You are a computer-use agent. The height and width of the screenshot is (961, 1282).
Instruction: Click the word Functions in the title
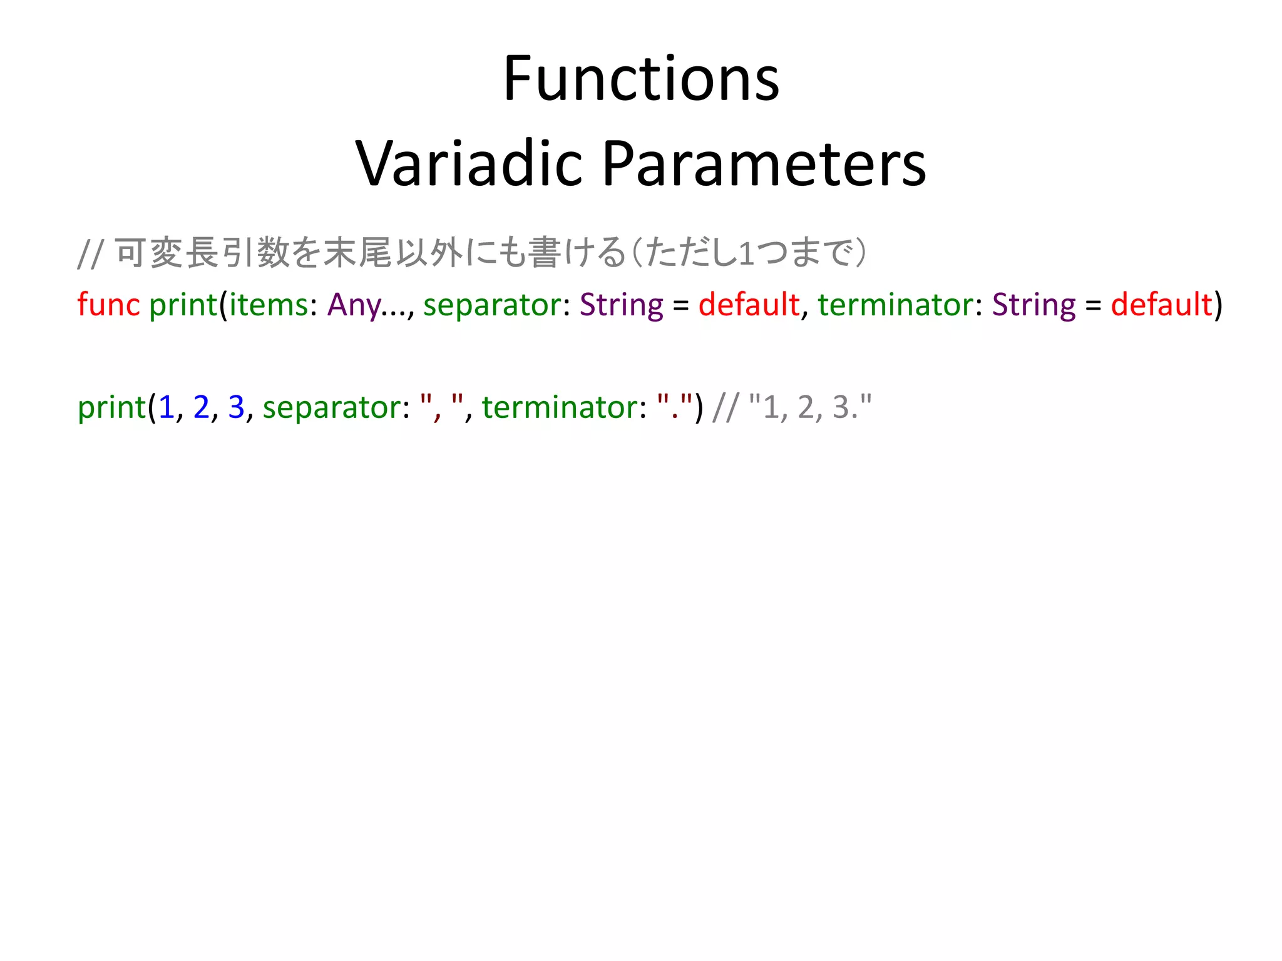641,79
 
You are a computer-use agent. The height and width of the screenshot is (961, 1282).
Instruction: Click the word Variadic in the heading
469,164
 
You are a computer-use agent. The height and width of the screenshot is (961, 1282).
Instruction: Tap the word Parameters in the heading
764,164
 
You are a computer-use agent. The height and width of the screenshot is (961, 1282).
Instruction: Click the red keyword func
108,305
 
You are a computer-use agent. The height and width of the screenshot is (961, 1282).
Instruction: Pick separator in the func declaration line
493,306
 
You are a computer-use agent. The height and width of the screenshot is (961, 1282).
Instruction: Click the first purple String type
621,306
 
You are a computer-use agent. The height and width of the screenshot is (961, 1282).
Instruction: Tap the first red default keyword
749,305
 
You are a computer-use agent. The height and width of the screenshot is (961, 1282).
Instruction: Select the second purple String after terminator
1033,306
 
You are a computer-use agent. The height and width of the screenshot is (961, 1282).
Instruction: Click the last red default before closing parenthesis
1161,305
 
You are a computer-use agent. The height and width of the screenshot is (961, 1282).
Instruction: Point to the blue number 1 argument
166,407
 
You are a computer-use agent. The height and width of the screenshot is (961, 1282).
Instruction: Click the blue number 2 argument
201,407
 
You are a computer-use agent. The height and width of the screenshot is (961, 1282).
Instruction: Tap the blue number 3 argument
236,407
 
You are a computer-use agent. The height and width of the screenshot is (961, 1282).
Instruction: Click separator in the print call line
332,409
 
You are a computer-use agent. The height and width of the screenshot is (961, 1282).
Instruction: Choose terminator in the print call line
560,407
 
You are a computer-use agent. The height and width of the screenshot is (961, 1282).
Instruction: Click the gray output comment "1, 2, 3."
810,407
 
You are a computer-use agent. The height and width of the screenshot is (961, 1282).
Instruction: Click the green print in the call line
111,409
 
